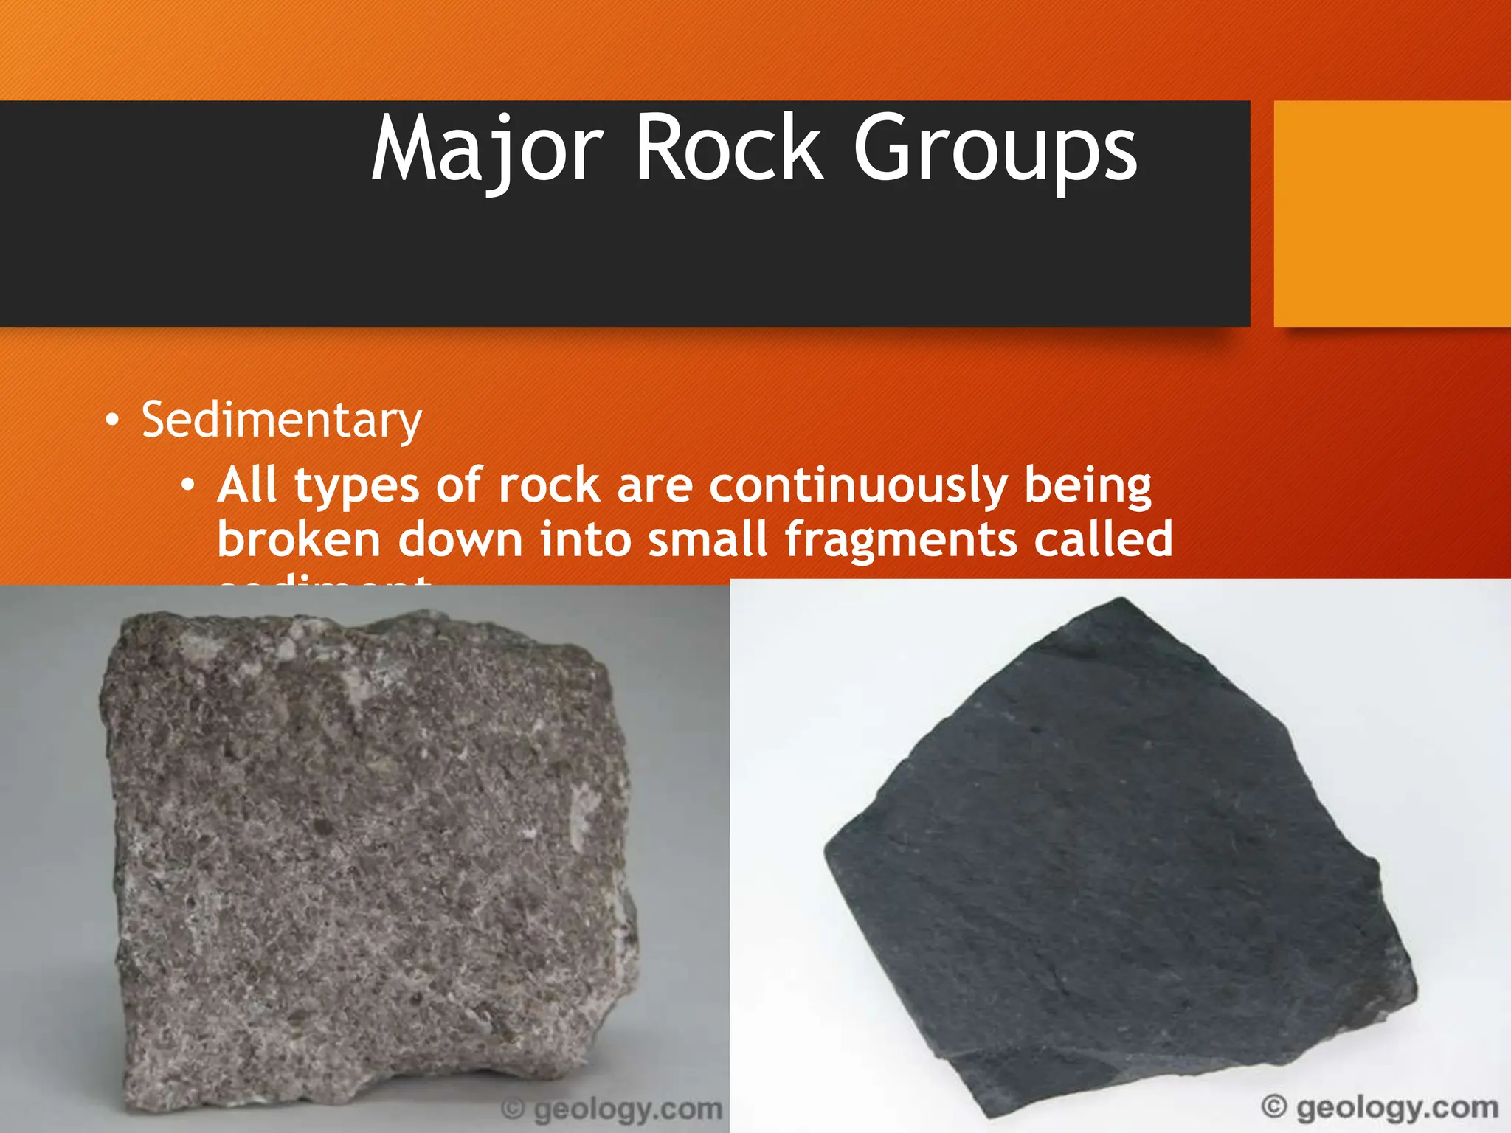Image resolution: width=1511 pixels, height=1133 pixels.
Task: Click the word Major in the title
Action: [487, 150]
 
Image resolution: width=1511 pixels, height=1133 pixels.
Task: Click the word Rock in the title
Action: [729, 150]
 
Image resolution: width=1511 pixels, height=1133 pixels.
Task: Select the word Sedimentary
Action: [281, 420]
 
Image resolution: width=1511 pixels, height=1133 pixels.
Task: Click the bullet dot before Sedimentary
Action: [111, 421]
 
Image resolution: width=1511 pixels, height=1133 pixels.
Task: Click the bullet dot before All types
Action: [188, 485]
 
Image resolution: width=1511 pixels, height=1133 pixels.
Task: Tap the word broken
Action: [299, 538]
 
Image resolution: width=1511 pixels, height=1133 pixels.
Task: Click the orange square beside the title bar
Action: [1391, 214]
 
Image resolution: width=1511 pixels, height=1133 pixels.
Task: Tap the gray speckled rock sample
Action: [369, 848]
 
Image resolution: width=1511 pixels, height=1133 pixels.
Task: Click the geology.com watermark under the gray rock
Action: [612, 1109]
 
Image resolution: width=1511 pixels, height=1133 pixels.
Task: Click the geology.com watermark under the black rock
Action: [1380, 1107]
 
